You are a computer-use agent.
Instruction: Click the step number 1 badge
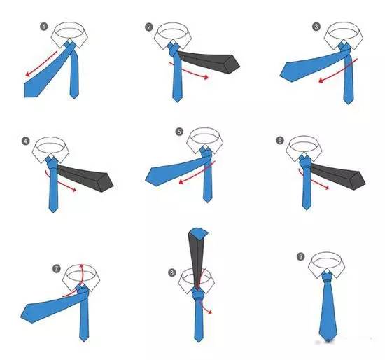pyautogui.click(x=44, y=27)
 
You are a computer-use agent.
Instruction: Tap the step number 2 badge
pyautogui.click(x=149, y=27)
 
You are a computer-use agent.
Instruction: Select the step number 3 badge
pyautogui.click(x=316, y=27)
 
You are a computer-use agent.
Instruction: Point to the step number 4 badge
pyautogui.click(x=25, y=141)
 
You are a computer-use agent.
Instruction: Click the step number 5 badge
pyautogui.click(x=179, y=132)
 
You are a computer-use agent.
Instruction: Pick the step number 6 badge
pyautogui.click(x=280, y=141)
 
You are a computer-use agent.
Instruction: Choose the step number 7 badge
pyautogui.click(x=57, y=268)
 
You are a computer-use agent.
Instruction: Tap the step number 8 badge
pyautogui.click(x=172, y=272)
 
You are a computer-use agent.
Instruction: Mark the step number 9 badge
pyautogui.click(x=301, y=257)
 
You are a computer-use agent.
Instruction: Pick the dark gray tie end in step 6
pyautogui.click(x=338, y=175)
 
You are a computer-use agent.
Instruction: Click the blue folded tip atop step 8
pyautogui.click(x=199, y=233)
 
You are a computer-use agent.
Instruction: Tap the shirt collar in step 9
pyautogui.click(x=325, y=265)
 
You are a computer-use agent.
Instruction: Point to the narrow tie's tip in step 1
pyautogui.click(x=74, y=97)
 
